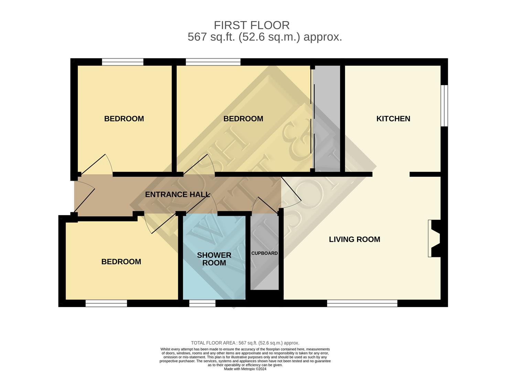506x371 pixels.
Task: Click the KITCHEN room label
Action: pos(393,119)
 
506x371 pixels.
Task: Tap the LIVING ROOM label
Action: pos(354,239)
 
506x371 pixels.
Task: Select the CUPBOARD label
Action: pos(264,253)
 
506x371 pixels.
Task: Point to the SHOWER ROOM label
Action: pos(214,259)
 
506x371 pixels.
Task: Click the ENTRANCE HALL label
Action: pos(177,194)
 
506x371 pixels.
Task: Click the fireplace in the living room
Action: pos(434,238)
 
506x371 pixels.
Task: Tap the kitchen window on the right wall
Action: pos(444,105)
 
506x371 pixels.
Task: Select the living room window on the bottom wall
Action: pos(362,303)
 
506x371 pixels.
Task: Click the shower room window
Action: pos(202,303)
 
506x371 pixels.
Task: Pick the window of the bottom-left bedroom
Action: pos(106,303)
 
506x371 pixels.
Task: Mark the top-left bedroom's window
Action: pos(123,62)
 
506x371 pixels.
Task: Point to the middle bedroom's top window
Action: pos(213,62)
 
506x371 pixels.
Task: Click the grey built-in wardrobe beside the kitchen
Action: pos(327,119)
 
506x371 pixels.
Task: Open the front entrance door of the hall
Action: pos(84,196)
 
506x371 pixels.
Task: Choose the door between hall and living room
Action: pos(291,192)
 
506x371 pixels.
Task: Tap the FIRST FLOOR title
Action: pos(252,25)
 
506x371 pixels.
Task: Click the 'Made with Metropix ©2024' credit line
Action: pos(245,369)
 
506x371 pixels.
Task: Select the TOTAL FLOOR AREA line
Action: pos(245,343)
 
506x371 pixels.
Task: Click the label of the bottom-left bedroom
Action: pos(121,262)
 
